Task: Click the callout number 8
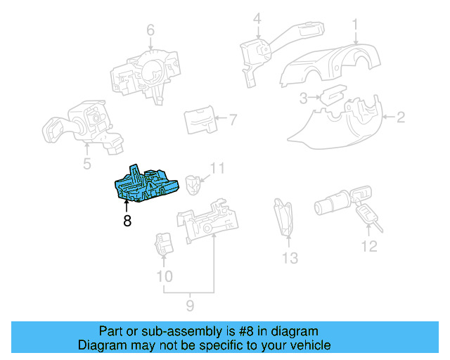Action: point(127,221)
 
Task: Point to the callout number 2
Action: point(400,117)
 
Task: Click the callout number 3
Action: point(302,97)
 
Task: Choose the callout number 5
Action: point(86,165)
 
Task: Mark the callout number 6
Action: point(150,30)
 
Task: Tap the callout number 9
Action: point(189,305)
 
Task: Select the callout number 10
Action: point(164,276)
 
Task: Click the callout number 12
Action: point(369,246)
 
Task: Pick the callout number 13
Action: point(290,258)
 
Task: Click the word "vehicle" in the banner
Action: point(307,345)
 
